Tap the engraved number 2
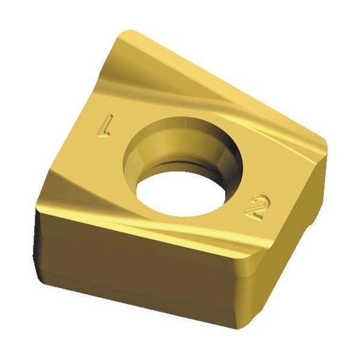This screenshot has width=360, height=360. [x=254, y=208]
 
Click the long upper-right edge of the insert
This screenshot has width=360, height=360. [x=228, y=84]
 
